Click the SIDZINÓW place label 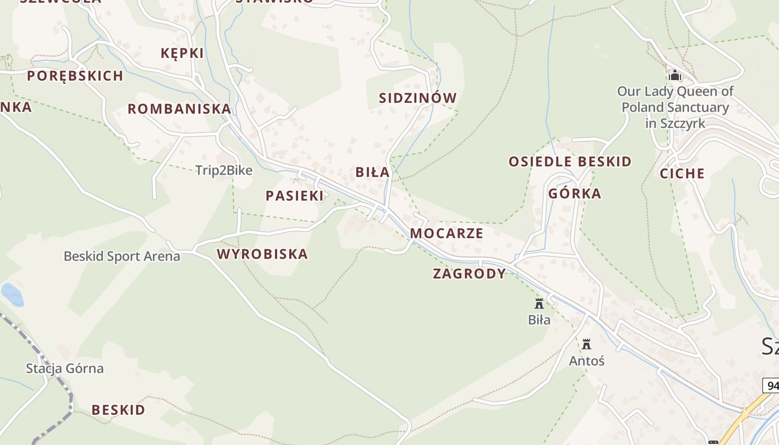tap(417, 98)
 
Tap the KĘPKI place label tap(182, 53)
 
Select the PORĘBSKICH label tap(75, 76)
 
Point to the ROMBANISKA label tap(179, 109)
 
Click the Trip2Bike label tap(224, 171)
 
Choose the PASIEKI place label tap(294, 196)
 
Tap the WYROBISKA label tap(262, 254)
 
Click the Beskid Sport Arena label tap(122, 256)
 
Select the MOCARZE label tap(447, 233)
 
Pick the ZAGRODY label tap(470, 274)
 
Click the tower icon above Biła tap(539, 304)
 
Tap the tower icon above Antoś tap(586, 344)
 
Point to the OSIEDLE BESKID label tap(570, 162)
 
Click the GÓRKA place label tap(575, 194)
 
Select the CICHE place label tap(682, 174)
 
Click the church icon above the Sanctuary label tap(675, 75)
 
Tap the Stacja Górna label tap(65, 368)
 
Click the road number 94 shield tap(772, 385)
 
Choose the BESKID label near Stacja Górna tap(119, 410)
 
